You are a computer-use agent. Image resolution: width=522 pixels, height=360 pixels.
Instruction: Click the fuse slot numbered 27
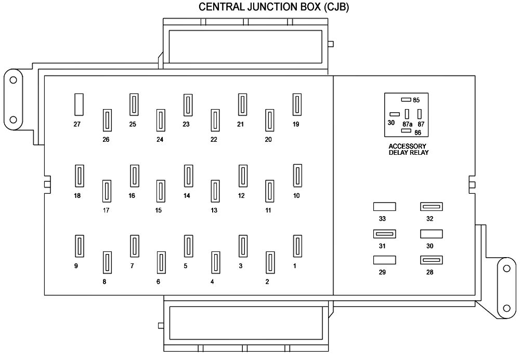79,104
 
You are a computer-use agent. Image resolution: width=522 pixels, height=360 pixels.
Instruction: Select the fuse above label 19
297,104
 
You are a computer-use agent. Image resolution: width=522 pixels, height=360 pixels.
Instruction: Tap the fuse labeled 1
297,247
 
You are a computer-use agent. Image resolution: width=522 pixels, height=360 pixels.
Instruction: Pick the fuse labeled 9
79,247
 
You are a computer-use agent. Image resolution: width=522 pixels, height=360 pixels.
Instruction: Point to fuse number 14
188,176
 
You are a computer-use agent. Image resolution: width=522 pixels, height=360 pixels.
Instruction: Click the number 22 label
214,139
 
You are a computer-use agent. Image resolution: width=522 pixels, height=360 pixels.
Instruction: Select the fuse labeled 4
215,263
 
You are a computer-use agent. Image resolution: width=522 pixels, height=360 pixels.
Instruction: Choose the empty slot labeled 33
384,207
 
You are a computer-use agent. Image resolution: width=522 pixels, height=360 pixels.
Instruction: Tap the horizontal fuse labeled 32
432,207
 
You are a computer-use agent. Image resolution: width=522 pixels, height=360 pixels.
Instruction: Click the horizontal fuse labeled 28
432,260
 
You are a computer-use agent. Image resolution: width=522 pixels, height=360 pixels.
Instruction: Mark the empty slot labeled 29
384,260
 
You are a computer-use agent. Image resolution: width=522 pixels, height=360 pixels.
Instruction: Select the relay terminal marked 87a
407,115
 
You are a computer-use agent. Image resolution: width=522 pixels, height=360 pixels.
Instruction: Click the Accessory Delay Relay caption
408,149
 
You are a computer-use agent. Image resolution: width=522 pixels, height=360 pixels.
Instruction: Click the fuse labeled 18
79,176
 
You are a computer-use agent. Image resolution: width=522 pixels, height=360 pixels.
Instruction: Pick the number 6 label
158,282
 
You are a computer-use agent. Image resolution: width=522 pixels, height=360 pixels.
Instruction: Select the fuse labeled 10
297,176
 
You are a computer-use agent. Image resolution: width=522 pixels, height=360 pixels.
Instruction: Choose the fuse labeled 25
134,104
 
